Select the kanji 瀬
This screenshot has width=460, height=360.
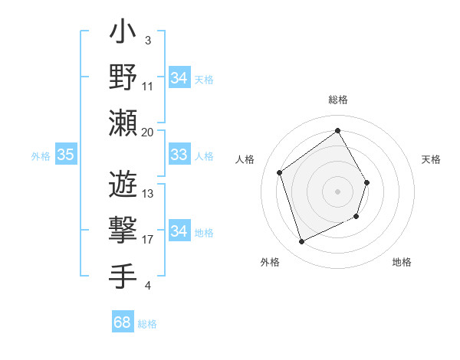pyautogui.click(x=123, y=123)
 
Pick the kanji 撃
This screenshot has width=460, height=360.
pyautogui.click(x=123, y=230)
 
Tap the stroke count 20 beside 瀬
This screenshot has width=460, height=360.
pyautogui.click(x=148, y=132)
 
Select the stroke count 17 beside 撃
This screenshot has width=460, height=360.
pyautogui.click(x=148, y=240)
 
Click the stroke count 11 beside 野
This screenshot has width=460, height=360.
pyautogui.click(x=148, y=86)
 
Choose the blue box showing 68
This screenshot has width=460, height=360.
pyautogui.click(x=122, y=322)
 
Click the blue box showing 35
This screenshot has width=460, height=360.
pyautogui.click(x=65, y=155)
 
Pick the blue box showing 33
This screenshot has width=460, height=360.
pyautogui.click(x=179, y=155)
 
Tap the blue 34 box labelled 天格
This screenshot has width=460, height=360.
pyautogui.click(x=179, y=77)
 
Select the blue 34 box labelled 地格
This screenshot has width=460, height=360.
pyautogui.click(x=179, y=231)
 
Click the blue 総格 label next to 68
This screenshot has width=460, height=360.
pyautogui.click(x=147, y=324)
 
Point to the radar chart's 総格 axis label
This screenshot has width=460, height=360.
pyautogui.click(x=337, y=100)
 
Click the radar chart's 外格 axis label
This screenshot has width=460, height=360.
pyautogui.click(x=270, y=262)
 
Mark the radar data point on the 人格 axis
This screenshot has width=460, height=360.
pyautogui.click(x=280, y=172)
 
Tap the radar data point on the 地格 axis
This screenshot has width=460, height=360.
pyautogui.click(x=357, y=218)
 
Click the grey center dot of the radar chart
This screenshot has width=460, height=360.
pyautogui.click(x=337, y=191)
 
